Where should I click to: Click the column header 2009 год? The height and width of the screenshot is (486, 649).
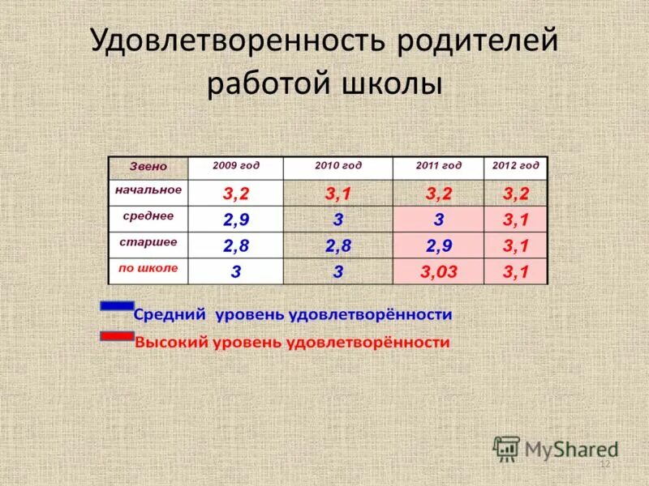tap(235, 165)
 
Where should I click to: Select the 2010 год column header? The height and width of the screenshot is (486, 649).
tap(337, 165)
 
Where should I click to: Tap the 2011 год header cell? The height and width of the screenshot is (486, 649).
tap(438, 165)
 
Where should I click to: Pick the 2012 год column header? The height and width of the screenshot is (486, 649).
tap(515, 165)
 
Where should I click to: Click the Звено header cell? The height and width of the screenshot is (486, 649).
tap(148, 166)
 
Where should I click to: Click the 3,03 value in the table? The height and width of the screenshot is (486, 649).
tap(438, 272)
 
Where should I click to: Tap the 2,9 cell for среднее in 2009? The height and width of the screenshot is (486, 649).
tap(235, 220)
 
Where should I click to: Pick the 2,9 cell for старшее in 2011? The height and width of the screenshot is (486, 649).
tap(438, 246)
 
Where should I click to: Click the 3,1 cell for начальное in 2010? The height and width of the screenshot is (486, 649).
tap(337, 194)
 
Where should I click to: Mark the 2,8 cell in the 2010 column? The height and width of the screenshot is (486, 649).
tap(337, 246)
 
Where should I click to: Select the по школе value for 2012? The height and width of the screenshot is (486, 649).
tap(515, 272)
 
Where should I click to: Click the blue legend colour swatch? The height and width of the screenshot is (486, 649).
tap(116, 306)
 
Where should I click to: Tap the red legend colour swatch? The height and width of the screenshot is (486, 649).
tap(116, 335)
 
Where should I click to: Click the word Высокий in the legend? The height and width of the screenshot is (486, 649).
tap(170, 343)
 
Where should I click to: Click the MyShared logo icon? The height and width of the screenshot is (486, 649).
tap(507, 448)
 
